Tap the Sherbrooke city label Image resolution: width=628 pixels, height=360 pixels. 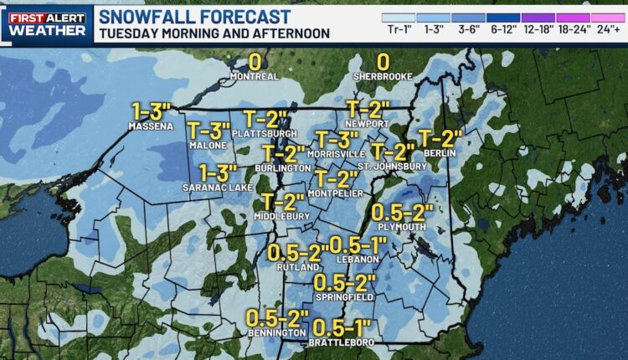coord(383,76)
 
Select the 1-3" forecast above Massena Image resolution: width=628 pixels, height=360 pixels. coord(151,111)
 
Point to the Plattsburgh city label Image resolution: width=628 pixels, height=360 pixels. coord(266,133)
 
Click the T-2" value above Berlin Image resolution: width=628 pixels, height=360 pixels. coord(440,137)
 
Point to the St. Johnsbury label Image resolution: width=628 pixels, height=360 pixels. coord(393,166)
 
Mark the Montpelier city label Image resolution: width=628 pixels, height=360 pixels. coord(337,193)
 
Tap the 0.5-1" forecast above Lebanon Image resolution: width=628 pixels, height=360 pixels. coord(360,244)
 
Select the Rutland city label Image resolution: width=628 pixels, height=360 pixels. coord(295,267)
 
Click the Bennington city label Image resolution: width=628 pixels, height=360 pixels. coord(278,333)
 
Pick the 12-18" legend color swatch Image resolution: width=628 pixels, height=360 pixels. coord(538,17)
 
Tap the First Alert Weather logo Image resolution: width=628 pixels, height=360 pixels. coord(46,22)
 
